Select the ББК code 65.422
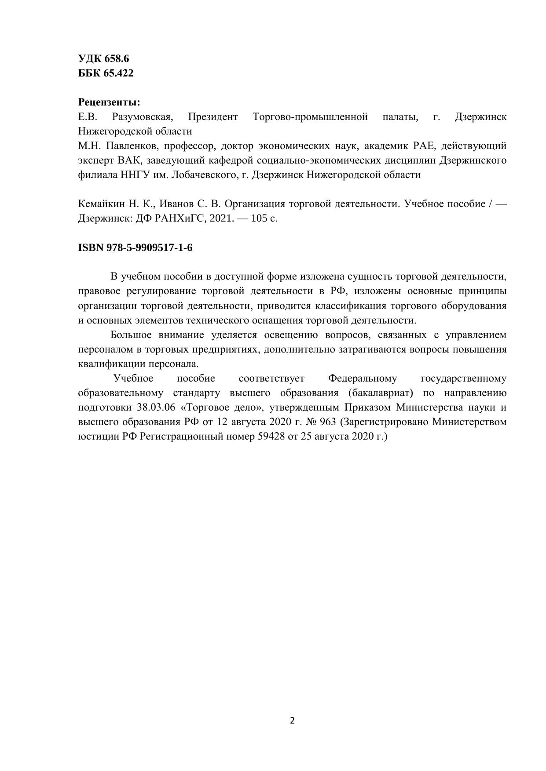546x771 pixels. click(x=118, y=73)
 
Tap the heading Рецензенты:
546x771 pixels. click(x=109, y=102)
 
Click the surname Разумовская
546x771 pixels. click(x=142, y=117)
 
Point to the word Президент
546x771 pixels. click(x=213, y=117)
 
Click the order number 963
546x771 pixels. click(x=327, y=422)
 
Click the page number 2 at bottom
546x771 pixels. click(x=293, y=721)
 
